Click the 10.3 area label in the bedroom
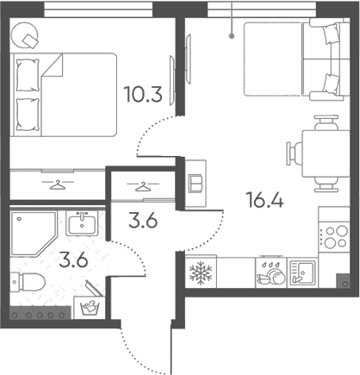click(x=143, y=94)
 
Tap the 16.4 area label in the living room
click(x=264, y=200)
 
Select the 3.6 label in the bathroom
click(x=73, y=260)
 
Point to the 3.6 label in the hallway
click(x=143, y=222)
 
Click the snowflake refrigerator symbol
click(x=201, y=272)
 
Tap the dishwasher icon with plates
click(x=271, y=273)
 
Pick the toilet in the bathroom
click(x=28, y=282)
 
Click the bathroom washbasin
click(x=82, y=223)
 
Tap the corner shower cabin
click(x=32, y=233)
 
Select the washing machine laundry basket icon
click(x=90, y=308)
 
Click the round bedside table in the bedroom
click(x=24, y=35)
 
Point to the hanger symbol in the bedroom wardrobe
click(x=58, y=184)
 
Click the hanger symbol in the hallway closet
click(x=143, y=187)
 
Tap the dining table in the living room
click(x=326, y=153)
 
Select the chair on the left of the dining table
click(x=295, y=153)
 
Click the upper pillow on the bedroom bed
click(x=28, y=75)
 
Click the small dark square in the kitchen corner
click(x=344, y=281)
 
